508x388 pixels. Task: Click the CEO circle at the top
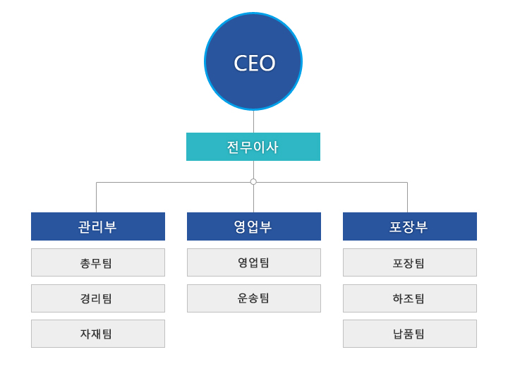[x=253, y=61]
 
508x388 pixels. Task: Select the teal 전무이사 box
[x=253, y=147]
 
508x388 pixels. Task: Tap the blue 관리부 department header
[x=98, y=226]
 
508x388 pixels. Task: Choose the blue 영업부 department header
[x=254, y=226]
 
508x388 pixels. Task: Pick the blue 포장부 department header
[x=410, y=226]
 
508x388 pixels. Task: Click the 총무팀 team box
[x=98, y=262]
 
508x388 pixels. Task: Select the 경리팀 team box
[x=98, y=298]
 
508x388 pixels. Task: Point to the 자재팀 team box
[x=98, y=334]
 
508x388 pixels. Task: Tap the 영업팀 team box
[x=254, y=262]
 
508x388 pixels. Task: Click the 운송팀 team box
[x=254, y=298]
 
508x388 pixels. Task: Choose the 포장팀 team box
[x=410, y=262]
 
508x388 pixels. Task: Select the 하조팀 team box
[x=410, y=298]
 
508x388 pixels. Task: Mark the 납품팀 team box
[x=410, y=334]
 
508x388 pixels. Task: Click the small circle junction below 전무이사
[x=253, y=182]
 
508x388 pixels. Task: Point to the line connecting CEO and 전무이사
[x=253, y=121]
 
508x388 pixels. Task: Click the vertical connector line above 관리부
[x=97, y=198]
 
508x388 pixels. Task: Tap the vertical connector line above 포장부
[x=407, y=198]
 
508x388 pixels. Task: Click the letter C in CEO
[x=240, y=63]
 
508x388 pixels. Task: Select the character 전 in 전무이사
[x=233, y=147]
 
